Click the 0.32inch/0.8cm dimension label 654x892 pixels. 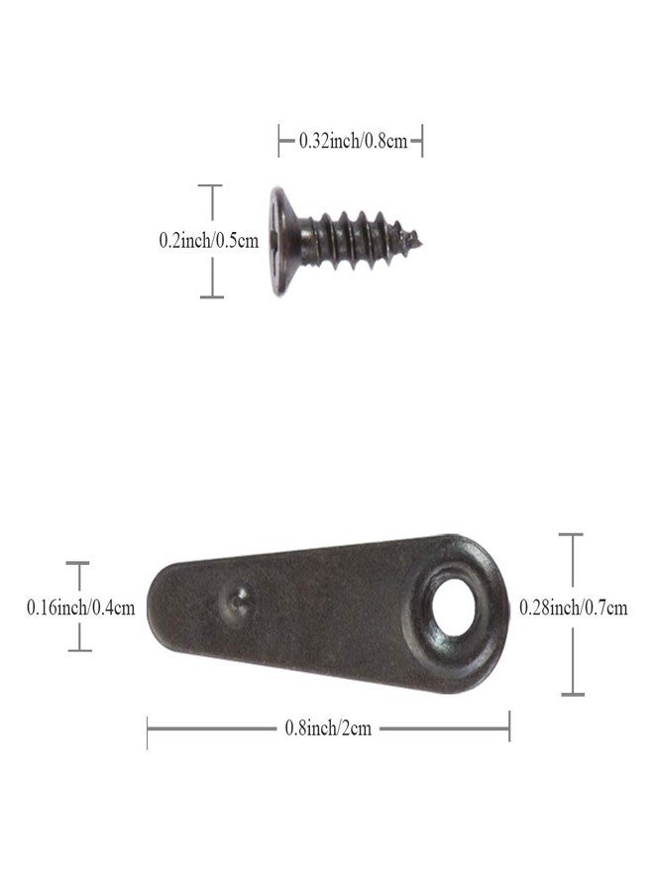click(x=353, y=141)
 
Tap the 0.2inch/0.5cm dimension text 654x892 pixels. click(x=209, y=240)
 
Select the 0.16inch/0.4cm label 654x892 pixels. click(x=80, y=608)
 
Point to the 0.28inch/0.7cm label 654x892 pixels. click(x=574, y=608)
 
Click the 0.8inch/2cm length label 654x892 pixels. click(x=328, y=728)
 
